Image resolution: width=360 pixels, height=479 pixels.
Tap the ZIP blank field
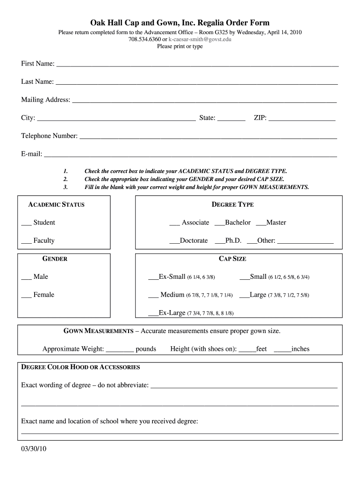(302, 119)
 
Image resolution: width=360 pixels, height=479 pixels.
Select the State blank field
(231, 119)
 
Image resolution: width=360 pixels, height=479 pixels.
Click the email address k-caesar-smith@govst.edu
(200, 39)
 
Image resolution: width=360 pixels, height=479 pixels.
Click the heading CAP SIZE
(232, 259)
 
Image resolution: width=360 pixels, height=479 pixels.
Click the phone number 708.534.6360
(144, 39)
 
